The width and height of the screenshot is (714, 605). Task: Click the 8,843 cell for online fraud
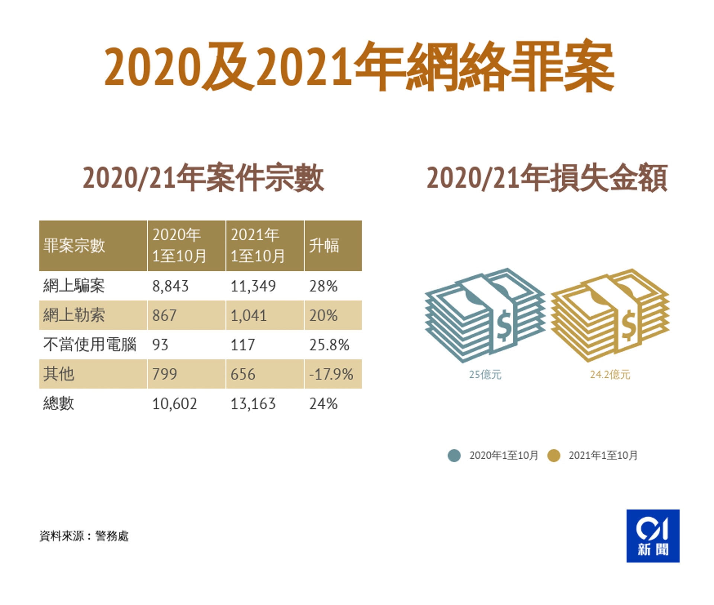pyautogui.click(x=170, y=286)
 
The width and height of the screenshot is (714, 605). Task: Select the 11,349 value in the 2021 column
pyautogui.click(x=253, y=286)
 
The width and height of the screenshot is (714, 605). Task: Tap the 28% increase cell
pyautogui.click(x=323, y=286)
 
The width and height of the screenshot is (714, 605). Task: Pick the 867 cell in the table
pyautogui.click(x=164, y=316)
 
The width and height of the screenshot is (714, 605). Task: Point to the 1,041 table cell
pyautogui.click(x=248, y=316)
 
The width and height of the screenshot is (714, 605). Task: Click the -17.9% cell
pyautogui.click(x=331, y=374)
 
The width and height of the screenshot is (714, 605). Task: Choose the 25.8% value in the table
pyautogui.click(x=329, y=345)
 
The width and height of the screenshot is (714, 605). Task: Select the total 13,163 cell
pyautogui.click(x=253, y=404)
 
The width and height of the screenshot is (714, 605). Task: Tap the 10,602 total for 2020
pyautogui.click(x=174, y=404)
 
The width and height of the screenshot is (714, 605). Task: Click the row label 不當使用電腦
pyautogui.click(x=90, y=344)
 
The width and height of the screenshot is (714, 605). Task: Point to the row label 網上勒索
pyautogui.click(x=74, y=315)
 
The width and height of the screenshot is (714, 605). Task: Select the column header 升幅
pyautogui.click(x=324, y=246)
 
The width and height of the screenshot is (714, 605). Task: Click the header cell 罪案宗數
pyautogui.click(x=74, y=246)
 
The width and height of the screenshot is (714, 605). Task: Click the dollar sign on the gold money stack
pyautogui.click(x=628, y=326)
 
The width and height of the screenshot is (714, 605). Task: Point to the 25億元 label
pyautogui.click(x=485, y=375)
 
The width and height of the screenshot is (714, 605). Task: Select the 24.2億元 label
pyautogui.click(x=610, y=375)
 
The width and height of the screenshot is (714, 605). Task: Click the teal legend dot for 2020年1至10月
pyautogui.click(x=454, y=456)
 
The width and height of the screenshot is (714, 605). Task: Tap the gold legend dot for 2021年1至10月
pyautogui.click(x=554, y=456)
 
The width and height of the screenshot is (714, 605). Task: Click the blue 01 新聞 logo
pyautogui.click(x=653, y=536)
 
